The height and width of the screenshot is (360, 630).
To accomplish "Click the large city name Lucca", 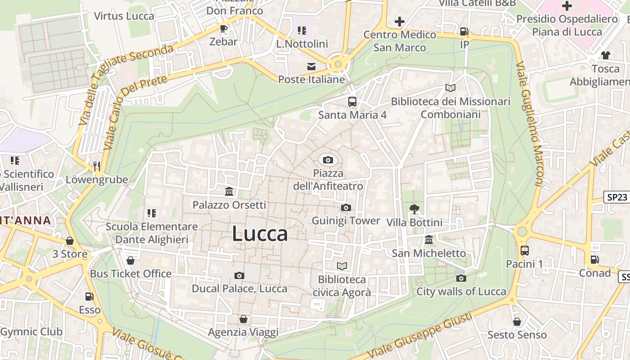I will click(x=260, y=234).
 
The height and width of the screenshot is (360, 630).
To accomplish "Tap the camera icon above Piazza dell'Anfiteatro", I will click(x=328, y=160).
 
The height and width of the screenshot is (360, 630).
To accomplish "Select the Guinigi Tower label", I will click(x=346, y=221).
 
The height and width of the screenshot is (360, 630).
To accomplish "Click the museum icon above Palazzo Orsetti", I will click(x=229, y=192).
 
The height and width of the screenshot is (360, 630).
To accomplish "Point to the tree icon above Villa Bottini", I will click(x=414, y=209).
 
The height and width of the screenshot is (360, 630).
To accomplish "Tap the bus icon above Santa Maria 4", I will click(x=352, y=101).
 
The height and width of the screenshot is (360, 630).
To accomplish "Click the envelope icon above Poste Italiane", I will click(x=311, y=67).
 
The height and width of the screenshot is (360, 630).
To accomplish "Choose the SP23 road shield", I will click(x=616, y=197).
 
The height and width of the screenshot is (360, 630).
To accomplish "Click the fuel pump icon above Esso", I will click(x=90, y=296).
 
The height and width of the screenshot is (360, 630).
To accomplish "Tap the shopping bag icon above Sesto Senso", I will click(x=517, y=322).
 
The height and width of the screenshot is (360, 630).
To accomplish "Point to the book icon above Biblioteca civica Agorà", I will click(x=342, y=266).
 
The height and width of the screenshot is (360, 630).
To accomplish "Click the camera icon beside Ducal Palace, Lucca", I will click(x=239, y=275).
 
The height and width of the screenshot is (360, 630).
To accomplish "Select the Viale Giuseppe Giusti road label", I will click(x=420, y=336).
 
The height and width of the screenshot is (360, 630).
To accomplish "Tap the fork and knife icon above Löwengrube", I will click(x=97, y=166).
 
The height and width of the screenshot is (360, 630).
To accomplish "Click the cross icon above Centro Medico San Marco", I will click(x=399, y=21).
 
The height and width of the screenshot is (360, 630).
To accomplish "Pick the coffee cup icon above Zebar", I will click(x=223, y=29).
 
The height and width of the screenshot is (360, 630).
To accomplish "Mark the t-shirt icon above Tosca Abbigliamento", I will click(x=605, y=55).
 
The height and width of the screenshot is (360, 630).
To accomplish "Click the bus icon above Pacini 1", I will click(x=524, y=250).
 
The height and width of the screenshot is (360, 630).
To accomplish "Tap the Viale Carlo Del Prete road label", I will click(x=135, y=113).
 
